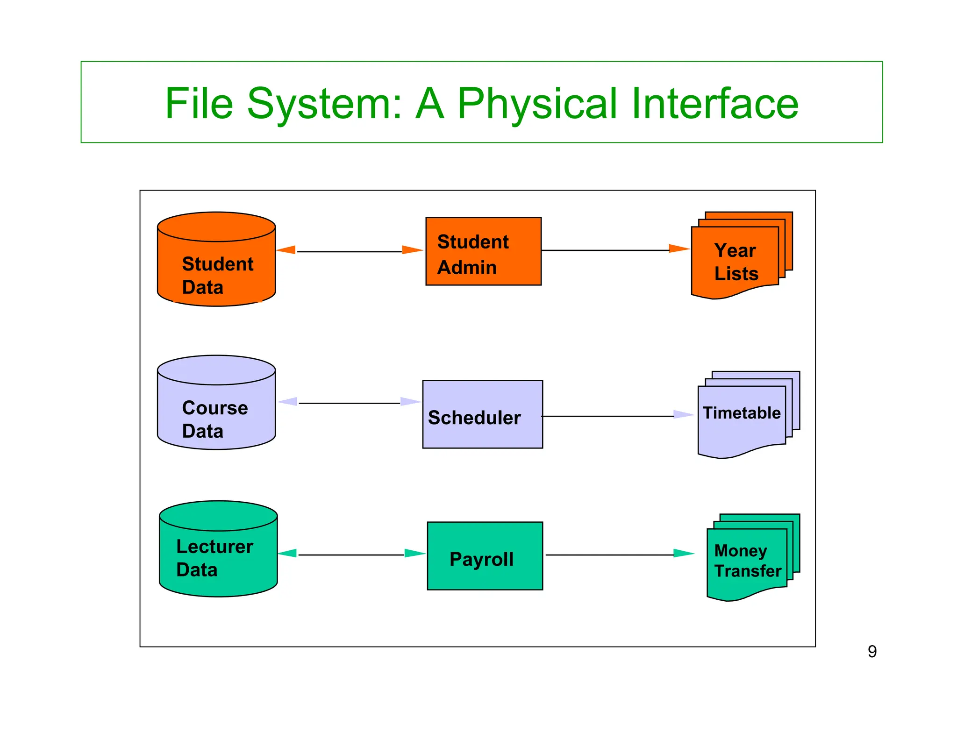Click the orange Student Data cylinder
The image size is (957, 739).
216,259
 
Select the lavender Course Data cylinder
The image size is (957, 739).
216,402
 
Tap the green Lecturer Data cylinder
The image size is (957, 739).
218,548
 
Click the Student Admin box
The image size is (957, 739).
484,251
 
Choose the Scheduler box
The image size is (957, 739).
483,414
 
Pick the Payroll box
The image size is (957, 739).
485,556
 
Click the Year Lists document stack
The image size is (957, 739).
742,255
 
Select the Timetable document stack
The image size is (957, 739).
749,415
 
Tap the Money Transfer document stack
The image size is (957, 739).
753,557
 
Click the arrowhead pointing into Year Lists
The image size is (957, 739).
679,249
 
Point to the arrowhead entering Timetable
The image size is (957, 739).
684,414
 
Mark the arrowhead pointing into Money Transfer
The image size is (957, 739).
684,554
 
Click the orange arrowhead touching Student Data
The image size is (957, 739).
286,250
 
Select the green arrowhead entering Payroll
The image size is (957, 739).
415,554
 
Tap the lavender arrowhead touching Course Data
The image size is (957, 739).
288,401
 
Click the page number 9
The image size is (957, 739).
872,652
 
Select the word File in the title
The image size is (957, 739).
199,103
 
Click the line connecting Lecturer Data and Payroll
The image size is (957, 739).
351,555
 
